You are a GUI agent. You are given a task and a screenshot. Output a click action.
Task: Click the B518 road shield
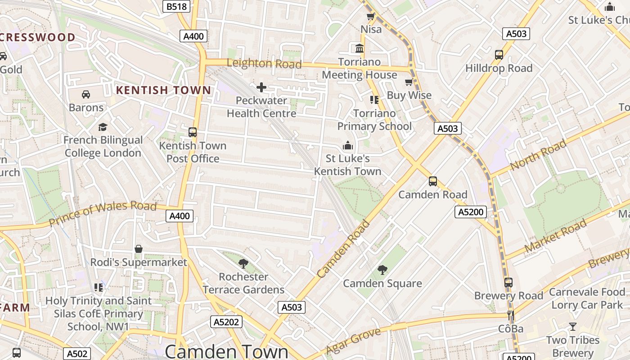(x=176, y=6)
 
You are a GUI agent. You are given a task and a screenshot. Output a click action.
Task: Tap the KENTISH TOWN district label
(x=164, y=90)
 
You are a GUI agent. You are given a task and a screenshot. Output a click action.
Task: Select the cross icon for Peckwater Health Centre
(x=261, y=87)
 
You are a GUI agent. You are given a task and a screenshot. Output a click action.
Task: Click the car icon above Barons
(x=85, y=94)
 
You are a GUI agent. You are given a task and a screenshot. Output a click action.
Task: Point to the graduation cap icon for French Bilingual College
(x=103, y=127)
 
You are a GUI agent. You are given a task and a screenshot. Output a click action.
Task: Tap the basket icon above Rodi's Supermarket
(x=139, y=249)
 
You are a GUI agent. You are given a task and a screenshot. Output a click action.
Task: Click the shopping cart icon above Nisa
(x=371, y=17)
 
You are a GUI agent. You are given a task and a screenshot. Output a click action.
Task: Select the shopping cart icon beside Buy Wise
(x=409, y=82)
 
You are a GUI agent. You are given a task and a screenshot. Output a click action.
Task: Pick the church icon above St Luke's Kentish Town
(x=347, y=145)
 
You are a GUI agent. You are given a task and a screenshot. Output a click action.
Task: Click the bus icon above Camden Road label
(x=432, y=181)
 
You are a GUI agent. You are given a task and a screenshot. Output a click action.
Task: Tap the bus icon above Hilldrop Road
(x=499, y=55)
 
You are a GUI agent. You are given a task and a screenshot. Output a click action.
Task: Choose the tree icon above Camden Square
(x=382, y=270)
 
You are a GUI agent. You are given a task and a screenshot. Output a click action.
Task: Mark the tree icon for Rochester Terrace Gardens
(x=243, y=263)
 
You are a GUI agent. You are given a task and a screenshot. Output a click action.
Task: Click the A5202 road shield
(x=226, y=322)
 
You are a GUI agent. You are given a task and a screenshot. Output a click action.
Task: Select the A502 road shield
(x=76, y=354)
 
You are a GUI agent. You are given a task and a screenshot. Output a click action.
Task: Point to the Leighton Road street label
(x=264, y=63)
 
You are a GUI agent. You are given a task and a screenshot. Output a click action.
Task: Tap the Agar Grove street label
(x=353, y=341)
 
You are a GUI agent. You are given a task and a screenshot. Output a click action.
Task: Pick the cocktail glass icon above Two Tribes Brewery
(x=572, y=326)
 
